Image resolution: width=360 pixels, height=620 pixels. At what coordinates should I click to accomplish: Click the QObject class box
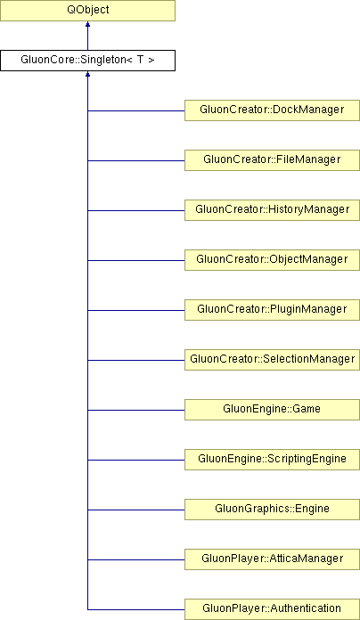(x=87, y=11)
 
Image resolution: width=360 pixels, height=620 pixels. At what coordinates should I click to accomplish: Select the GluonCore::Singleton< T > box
(x=87, y=61)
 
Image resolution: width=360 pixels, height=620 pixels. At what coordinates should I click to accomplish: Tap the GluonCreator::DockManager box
(x=272, y=110)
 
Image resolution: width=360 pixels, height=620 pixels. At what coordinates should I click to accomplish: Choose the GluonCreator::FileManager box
(x=272, y=160)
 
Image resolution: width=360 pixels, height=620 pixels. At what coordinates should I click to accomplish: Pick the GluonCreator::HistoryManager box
(x=272, y=210)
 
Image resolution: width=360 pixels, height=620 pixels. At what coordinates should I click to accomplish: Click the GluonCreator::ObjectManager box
(x=272, y=260)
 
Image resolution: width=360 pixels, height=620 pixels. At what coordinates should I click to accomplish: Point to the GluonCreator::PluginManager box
(x=272, y=310)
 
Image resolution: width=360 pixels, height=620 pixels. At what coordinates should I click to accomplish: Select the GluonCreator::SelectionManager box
(x=272, y=359)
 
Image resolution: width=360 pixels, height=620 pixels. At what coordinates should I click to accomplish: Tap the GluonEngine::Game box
(x=272, y=409)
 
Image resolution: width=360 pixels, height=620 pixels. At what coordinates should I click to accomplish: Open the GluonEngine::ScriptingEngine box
(x=272, y=459)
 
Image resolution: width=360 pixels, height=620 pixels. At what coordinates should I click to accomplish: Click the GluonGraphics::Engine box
(x=272, y=509)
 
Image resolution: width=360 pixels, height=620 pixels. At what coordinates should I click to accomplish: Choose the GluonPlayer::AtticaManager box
(x=272, y=559)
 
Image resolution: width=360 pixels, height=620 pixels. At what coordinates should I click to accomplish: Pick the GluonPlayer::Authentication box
(x=272, y=609)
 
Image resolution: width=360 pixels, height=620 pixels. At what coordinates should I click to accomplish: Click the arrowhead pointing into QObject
(x=87, y=24)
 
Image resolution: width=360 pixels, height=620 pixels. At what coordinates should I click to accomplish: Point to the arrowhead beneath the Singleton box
(x=87, y=74)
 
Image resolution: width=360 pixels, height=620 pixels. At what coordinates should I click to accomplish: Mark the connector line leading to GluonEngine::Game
(x=136, y=410)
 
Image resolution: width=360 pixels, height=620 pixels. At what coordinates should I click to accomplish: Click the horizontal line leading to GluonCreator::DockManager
(x=136, y=110)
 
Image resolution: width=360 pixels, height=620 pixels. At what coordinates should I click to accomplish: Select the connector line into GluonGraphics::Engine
(x=136, y=510)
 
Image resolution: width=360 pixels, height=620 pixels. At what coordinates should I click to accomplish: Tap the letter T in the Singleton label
(x=140, y=60)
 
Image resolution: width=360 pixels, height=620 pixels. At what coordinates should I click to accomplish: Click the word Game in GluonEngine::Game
(x=307, y=409)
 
